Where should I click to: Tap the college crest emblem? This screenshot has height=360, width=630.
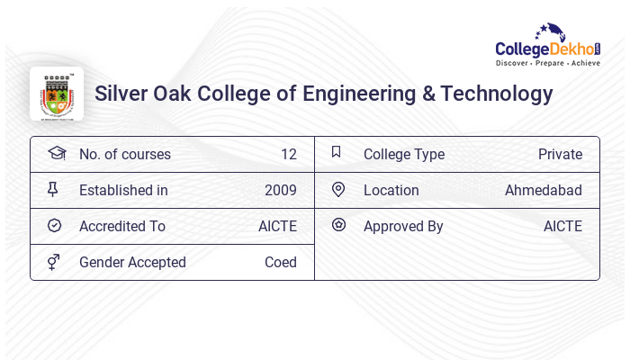(56, 94)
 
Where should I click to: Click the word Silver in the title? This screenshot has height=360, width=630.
(121, 94)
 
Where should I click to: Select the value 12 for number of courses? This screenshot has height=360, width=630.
(288, 154)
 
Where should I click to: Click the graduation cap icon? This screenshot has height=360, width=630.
(56, 153)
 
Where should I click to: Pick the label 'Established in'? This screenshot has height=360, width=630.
(123, 190)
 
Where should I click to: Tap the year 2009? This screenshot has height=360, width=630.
(280, 190)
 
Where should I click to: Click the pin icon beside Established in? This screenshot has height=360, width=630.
(53, 189)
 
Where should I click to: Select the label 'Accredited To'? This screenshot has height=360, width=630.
(122, 226)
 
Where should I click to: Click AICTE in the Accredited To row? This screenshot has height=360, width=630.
(277, 226)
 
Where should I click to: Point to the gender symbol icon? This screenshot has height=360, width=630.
(53, 262)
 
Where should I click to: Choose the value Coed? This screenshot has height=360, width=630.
(280, 262)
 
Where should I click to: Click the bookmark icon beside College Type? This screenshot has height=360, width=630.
(337, 152)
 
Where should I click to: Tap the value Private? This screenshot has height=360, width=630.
(560, 154)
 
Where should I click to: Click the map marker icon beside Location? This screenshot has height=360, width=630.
(338, 189)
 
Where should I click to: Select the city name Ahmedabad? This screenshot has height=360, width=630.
(543, 190)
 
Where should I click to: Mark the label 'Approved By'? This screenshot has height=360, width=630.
(403, 226)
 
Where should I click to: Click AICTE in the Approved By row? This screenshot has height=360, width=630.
(562, 226)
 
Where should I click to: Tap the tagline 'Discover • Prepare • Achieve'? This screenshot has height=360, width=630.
(547, 64)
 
